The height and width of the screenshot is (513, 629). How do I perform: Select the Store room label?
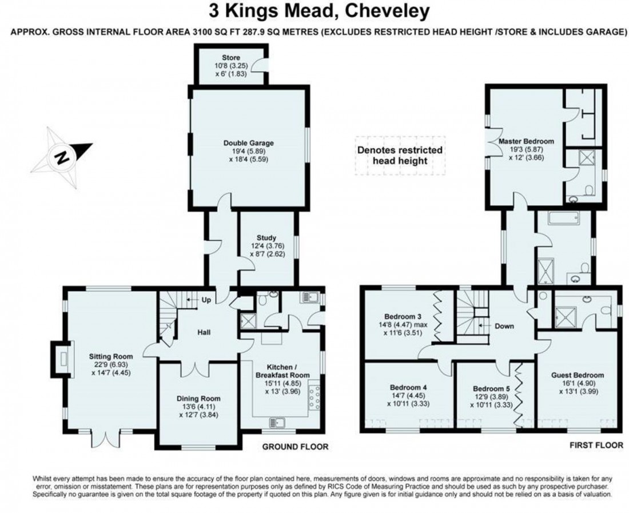click(231, 58)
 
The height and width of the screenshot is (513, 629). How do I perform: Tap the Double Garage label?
click(248, 143)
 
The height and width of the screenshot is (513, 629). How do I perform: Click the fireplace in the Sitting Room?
click(62, 359)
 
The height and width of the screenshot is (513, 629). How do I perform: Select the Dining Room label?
click(197, 399)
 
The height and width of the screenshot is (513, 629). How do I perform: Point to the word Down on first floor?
click(504, 327)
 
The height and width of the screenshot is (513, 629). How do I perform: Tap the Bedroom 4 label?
click(408, 386)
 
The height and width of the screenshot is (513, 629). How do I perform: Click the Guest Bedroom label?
click(578, 375)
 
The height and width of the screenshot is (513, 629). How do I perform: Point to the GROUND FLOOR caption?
click(296, 447)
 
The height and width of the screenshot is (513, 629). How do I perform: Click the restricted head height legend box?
click(400, 155)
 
